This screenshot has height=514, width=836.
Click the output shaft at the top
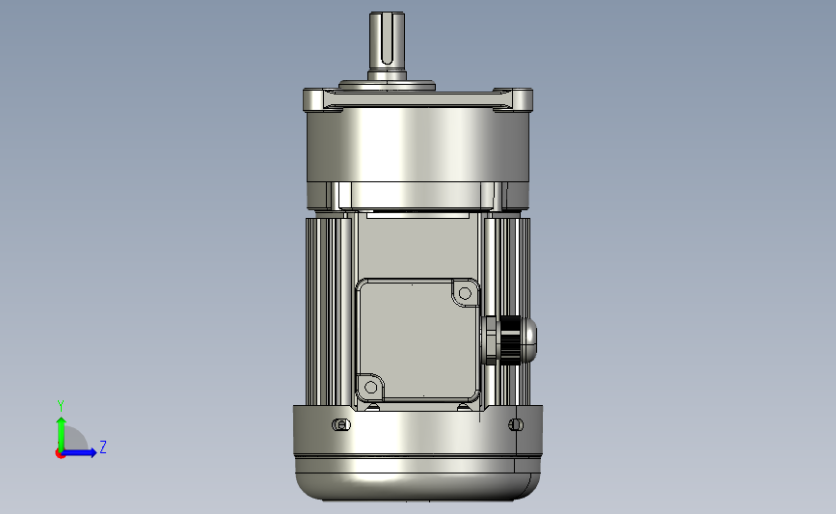[387, 46]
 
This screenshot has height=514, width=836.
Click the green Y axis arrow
[61, 434]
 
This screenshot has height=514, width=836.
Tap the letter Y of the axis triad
[61, 406]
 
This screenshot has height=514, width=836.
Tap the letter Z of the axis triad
[103, 446]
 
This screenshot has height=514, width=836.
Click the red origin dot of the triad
[60, 454]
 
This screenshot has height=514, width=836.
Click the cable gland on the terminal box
[508, 340]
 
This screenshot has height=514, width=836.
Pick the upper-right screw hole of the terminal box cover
[465, 293]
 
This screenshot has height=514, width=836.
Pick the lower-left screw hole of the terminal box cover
[370, 387]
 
